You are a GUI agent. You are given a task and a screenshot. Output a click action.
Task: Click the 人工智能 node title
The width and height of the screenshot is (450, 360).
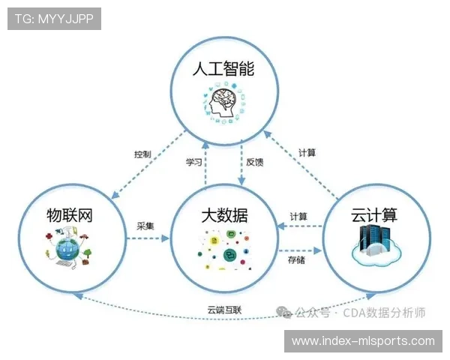point(223,70)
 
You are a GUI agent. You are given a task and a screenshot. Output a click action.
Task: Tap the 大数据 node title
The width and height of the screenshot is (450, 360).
point(224,216)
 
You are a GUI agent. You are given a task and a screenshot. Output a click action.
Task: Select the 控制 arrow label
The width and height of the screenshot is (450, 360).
point(142,154)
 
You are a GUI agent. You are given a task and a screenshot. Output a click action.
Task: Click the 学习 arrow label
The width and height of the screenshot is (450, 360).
point(193,162)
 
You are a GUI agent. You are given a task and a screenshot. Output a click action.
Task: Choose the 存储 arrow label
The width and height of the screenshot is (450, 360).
point(297,260)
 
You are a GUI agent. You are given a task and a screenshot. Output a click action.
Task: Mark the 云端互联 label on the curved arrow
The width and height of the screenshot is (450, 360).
point(224,309)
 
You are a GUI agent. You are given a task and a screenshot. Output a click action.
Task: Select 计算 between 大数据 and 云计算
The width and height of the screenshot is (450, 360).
point(298,217)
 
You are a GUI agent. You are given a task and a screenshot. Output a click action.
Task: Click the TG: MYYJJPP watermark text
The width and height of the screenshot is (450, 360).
point(54,19)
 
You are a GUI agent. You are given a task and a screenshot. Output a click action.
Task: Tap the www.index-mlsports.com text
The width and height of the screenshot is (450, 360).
point(363,341)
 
